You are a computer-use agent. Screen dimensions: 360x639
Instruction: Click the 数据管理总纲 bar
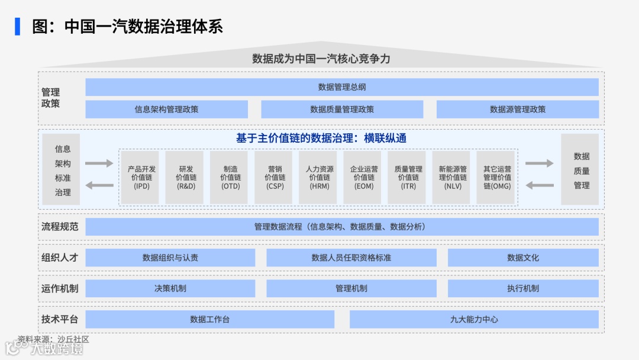342,87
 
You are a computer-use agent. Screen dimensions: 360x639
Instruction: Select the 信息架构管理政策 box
166,109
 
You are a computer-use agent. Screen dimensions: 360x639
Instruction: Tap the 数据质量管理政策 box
342,109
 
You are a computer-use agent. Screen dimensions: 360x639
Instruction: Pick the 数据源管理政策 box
518,109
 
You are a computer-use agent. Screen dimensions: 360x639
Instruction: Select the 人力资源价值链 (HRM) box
319,177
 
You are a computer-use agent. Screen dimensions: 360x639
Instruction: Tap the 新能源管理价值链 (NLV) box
453,177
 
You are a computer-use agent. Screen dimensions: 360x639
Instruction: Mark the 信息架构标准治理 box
63,170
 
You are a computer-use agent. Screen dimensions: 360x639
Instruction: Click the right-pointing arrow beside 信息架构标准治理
99,163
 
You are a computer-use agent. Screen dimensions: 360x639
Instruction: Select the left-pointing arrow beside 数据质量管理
540,185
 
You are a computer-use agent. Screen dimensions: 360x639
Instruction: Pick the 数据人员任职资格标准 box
351,258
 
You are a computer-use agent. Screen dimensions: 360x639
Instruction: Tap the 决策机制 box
170,288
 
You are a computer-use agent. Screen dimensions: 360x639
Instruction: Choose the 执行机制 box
523,288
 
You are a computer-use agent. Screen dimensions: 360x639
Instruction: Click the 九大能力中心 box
474,319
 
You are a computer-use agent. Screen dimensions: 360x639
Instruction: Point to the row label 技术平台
60,319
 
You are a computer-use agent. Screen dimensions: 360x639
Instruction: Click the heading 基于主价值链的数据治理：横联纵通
321,138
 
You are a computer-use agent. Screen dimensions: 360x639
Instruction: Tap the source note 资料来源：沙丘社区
53,339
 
